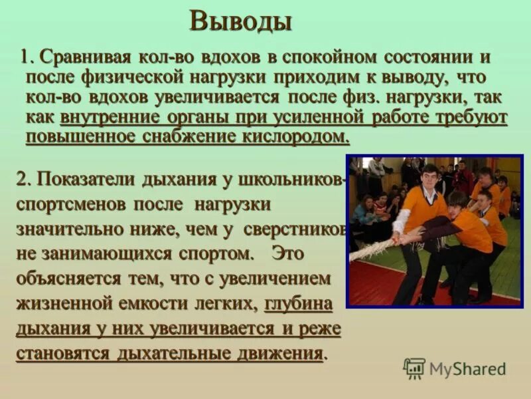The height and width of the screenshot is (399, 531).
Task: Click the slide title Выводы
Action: (240, 21)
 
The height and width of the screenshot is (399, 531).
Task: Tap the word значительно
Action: (70, 229)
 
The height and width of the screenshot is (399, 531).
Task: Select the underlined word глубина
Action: (298, 303)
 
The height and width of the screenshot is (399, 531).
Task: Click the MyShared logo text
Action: (467, 368)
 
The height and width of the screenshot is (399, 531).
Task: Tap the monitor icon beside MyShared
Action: (414, 368)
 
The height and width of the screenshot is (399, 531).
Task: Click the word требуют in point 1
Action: (473, 118)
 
